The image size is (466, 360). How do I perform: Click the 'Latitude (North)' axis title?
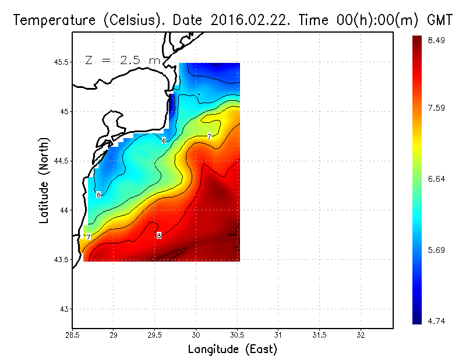(44, 180)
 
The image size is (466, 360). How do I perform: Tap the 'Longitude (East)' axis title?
(232, 350)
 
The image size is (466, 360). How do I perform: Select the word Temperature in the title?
(50, 20)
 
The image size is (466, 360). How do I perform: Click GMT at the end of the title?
(440, 20)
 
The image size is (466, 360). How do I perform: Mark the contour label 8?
(158, 235)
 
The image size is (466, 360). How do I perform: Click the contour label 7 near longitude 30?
(209, 136)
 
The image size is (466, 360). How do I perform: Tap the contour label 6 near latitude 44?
(98, 195)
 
